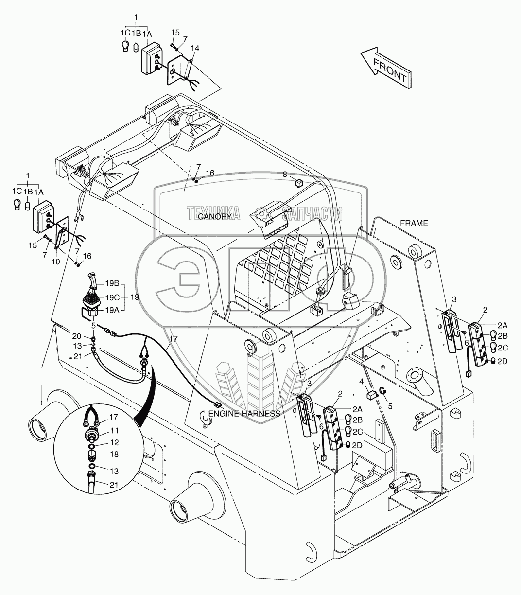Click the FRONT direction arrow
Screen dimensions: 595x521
coord(386,68)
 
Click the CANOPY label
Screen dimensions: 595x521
coord(214,217)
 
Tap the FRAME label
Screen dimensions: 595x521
coord(414,223)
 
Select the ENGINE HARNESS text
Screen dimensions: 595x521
coord(244,414)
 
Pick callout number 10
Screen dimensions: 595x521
coord(56,262)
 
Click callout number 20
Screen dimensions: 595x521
coord(77,336)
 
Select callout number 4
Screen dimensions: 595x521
coord(362,382)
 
